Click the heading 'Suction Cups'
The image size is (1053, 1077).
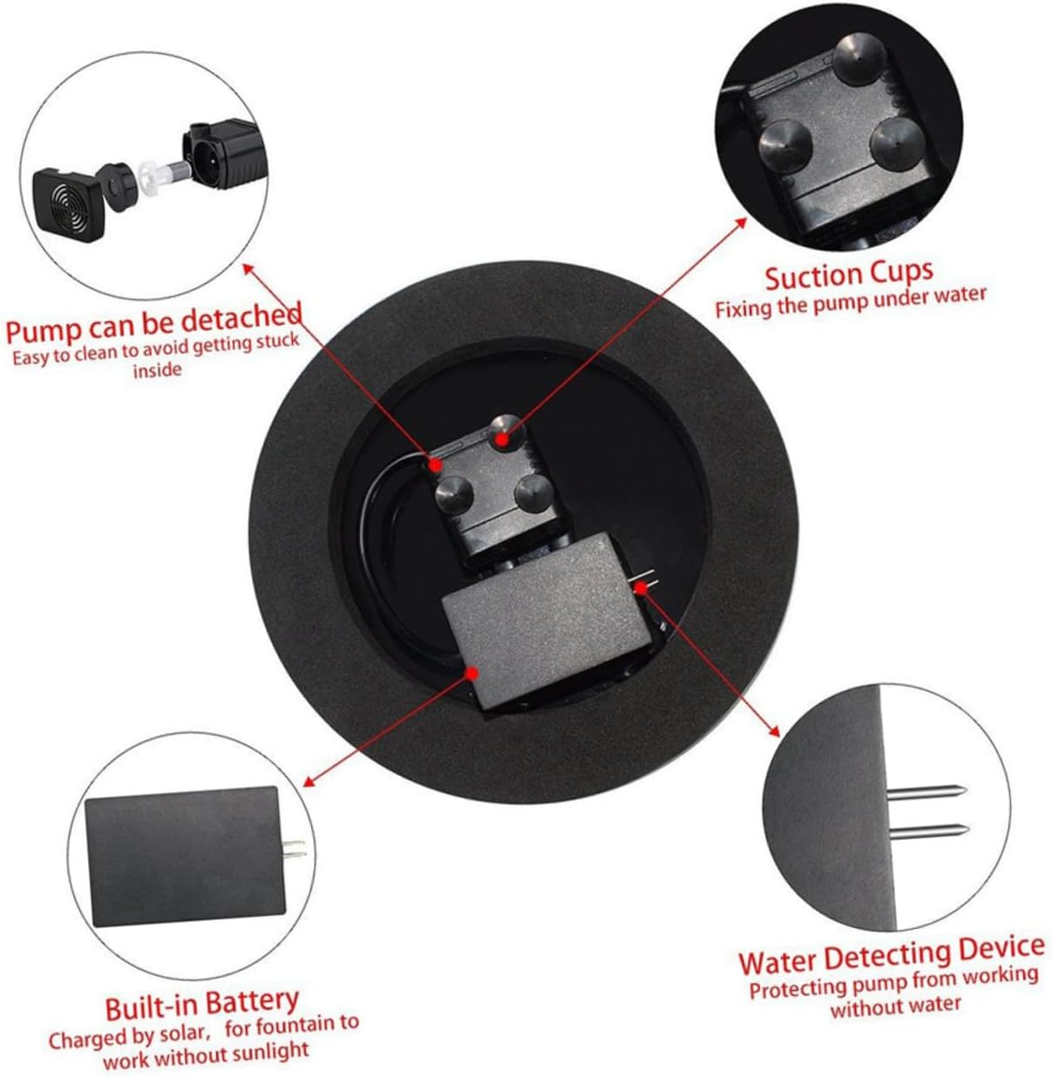click(848, 274)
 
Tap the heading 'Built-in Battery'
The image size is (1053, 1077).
click(201, 1004)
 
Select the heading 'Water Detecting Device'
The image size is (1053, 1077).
click(891, 957)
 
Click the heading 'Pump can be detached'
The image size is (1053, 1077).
click(154, 323)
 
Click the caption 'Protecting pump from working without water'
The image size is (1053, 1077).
click(893, 992)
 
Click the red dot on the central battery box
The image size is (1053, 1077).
click(472, 672)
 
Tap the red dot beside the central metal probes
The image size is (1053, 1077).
click(641, 587)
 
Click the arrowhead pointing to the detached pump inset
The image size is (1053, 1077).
click(248, 267)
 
